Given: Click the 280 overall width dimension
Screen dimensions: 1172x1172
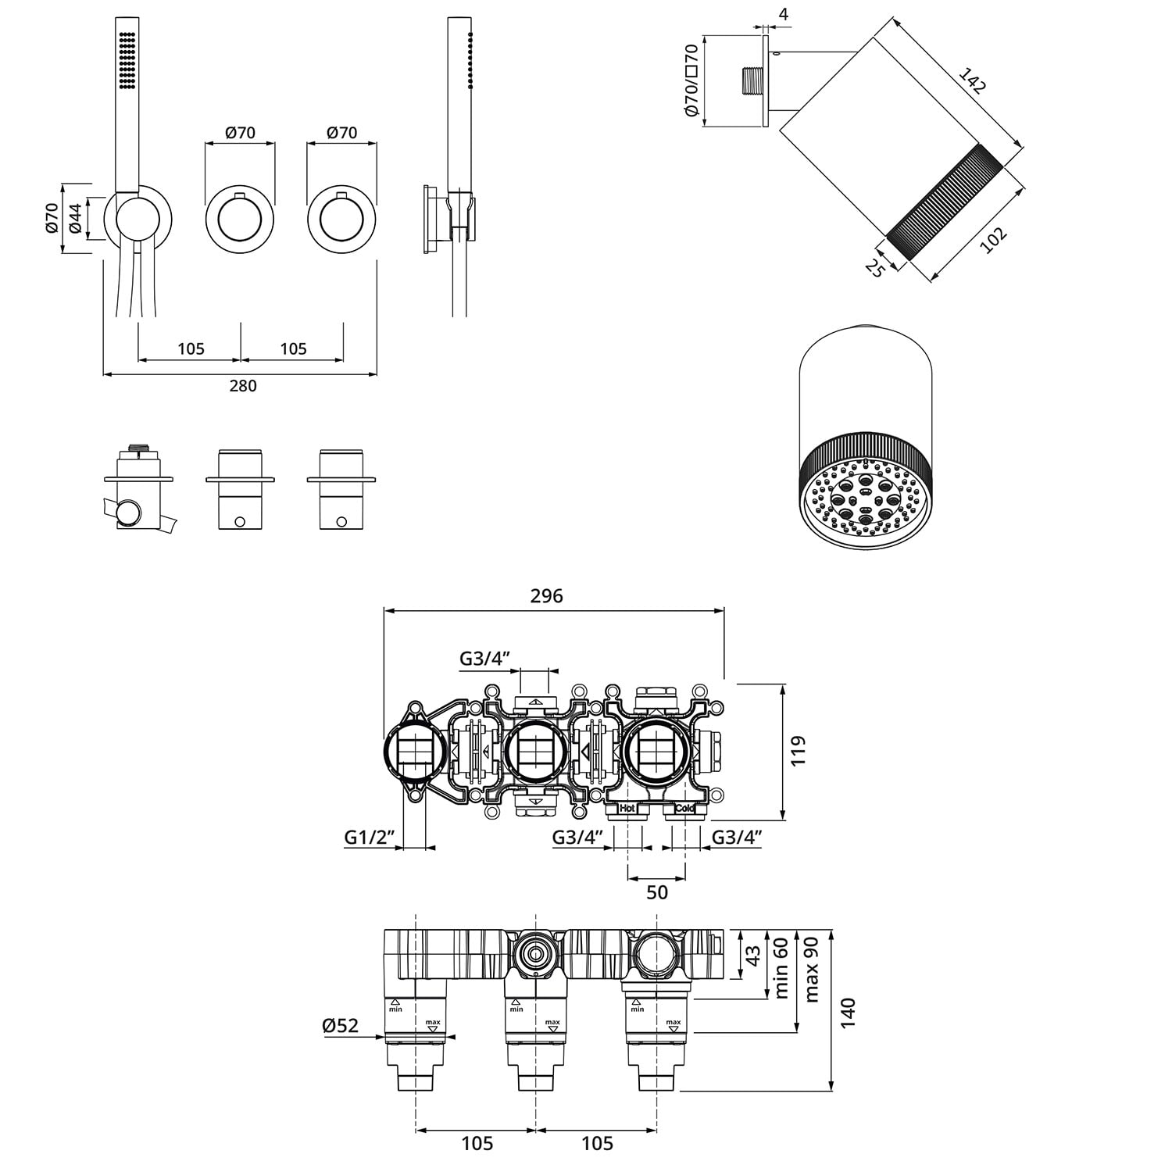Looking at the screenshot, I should (243, 385).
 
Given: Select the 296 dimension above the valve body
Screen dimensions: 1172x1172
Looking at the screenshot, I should (546, 596).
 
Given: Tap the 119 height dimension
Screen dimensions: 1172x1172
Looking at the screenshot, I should (798, 751).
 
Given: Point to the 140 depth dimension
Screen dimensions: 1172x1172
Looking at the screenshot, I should (849, 1013).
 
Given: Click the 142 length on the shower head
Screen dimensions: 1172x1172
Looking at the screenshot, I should (972, 81).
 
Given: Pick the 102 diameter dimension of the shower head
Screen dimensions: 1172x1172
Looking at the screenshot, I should (993, 240).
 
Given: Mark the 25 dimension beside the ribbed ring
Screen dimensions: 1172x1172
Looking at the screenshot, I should (875, 267).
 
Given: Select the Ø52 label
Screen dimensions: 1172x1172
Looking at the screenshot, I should (341, 1025).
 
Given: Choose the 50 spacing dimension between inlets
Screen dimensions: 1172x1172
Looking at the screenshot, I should (657, 892).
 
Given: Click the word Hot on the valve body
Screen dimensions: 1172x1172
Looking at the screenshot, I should (627, 809).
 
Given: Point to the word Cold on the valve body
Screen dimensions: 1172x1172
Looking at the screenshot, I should (684, 809).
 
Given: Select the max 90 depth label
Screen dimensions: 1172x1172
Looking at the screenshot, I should (811, 969).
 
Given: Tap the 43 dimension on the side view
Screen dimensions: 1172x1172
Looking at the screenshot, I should (752, 955).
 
